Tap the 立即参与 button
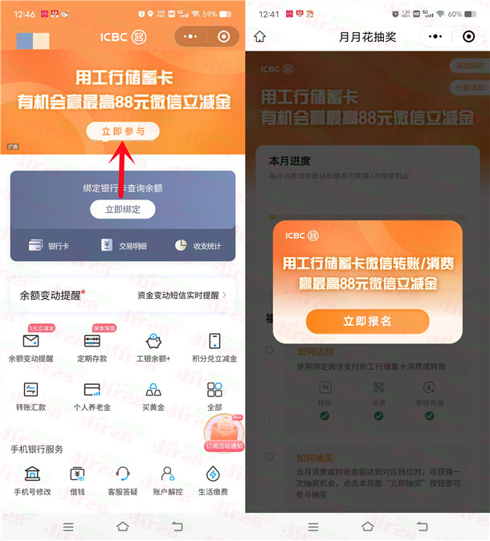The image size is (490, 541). (x=123, y=131)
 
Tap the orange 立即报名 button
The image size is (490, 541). (x=367, y=321)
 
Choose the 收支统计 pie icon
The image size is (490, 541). (x=182, y=245)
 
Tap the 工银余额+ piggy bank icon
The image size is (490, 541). (x=153, y=341)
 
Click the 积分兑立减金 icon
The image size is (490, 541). (x=214, y=341)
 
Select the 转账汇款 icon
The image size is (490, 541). (x=31, y=390)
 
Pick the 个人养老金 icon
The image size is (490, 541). (x=92, y=390)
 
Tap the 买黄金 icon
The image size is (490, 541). (x=153, y=390)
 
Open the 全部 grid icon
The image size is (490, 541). (x=214, y=390)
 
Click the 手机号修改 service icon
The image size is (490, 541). (x=32, y=473)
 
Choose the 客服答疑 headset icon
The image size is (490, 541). (x=123, y=473)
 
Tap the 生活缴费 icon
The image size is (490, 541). (x=213, y=473)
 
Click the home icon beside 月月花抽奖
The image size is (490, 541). (x=259, y=37)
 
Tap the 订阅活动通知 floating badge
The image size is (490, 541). (x=224, y=435)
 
